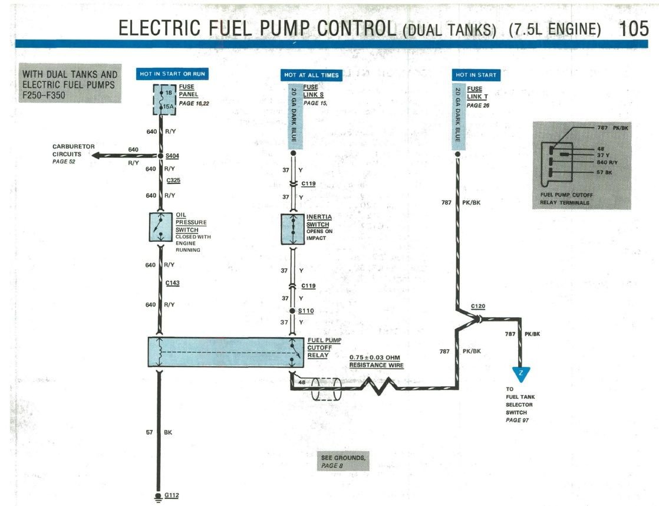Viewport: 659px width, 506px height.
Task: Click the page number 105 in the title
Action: tap(634, 28)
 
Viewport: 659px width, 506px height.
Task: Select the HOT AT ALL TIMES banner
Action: tap(311, 75)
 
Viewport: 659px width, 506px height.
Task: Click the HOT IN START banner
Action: tap(476, 75)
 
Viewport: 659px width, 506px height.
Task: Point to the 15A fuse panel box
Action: tap(160, 99)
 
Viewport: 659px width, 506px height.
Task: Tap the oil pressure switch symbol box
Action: tap(160, 227)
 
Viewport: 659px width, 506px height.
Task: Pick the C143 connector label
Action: tap(172, 283)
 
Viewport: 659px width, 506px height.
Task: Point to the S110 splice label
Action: tap(305, 310)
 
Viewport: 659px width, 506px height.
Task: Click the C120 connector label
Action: tap(478, 307)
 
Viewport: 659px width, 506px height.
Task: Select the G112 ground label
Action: tap(171, 495)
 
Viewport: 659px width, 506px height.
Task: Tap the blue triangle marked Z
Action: tap(520, 374)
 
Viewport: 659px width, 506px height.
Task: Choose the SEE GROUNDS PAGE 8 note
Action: tap(342, 461)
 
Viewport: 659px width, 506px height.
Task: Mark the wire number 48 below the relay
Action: tap(302, 382)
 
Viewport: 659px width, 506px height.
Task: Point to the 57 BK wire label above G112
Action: tap(160, 432)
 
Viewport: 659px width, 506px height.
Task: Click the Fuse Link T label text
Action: tap(474, 93)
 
